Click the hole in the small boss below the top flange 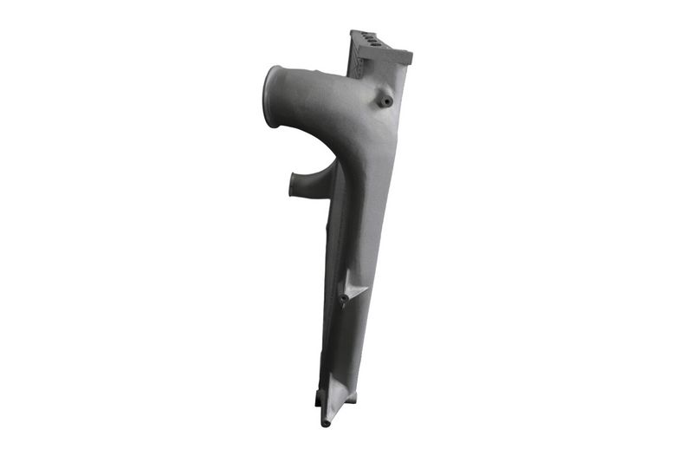click(x=386, y=101)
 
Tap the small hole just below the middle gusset click(x=344, y=301)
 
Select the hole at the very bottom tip click(x=327, y=423)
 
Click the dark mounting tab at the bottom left click(x=318, y=399)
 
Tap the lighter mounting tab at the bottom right click(x=350, y=398)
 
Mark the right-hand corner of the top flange click(x=409, y=57)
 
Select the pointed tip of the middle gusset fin click(x=367, y=289)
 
